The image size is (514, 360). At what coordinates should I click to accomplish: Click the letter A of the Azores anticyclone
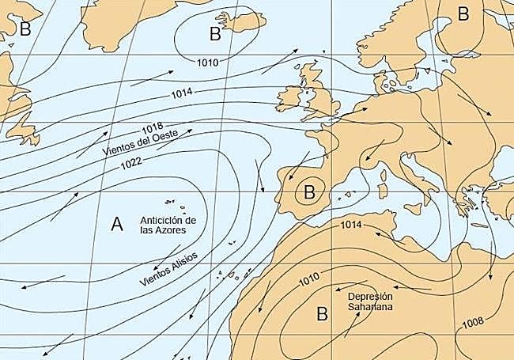[117, 225]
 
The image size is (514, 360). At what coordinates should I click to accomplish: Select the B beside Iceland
[215, 33]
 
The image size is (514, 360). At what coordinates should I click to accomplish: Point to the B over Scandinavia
[463, 13]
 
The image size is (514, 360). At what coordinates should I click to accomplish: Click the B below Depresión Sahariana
[322, 314]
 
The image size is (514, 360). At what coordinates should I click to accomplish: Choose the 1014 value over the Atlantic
[181, 95]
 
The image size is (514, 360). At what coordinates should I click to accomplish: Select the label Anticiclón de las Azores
[167, 225]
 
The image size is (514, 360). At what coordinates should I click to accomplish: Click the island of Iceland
[241, 22]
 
